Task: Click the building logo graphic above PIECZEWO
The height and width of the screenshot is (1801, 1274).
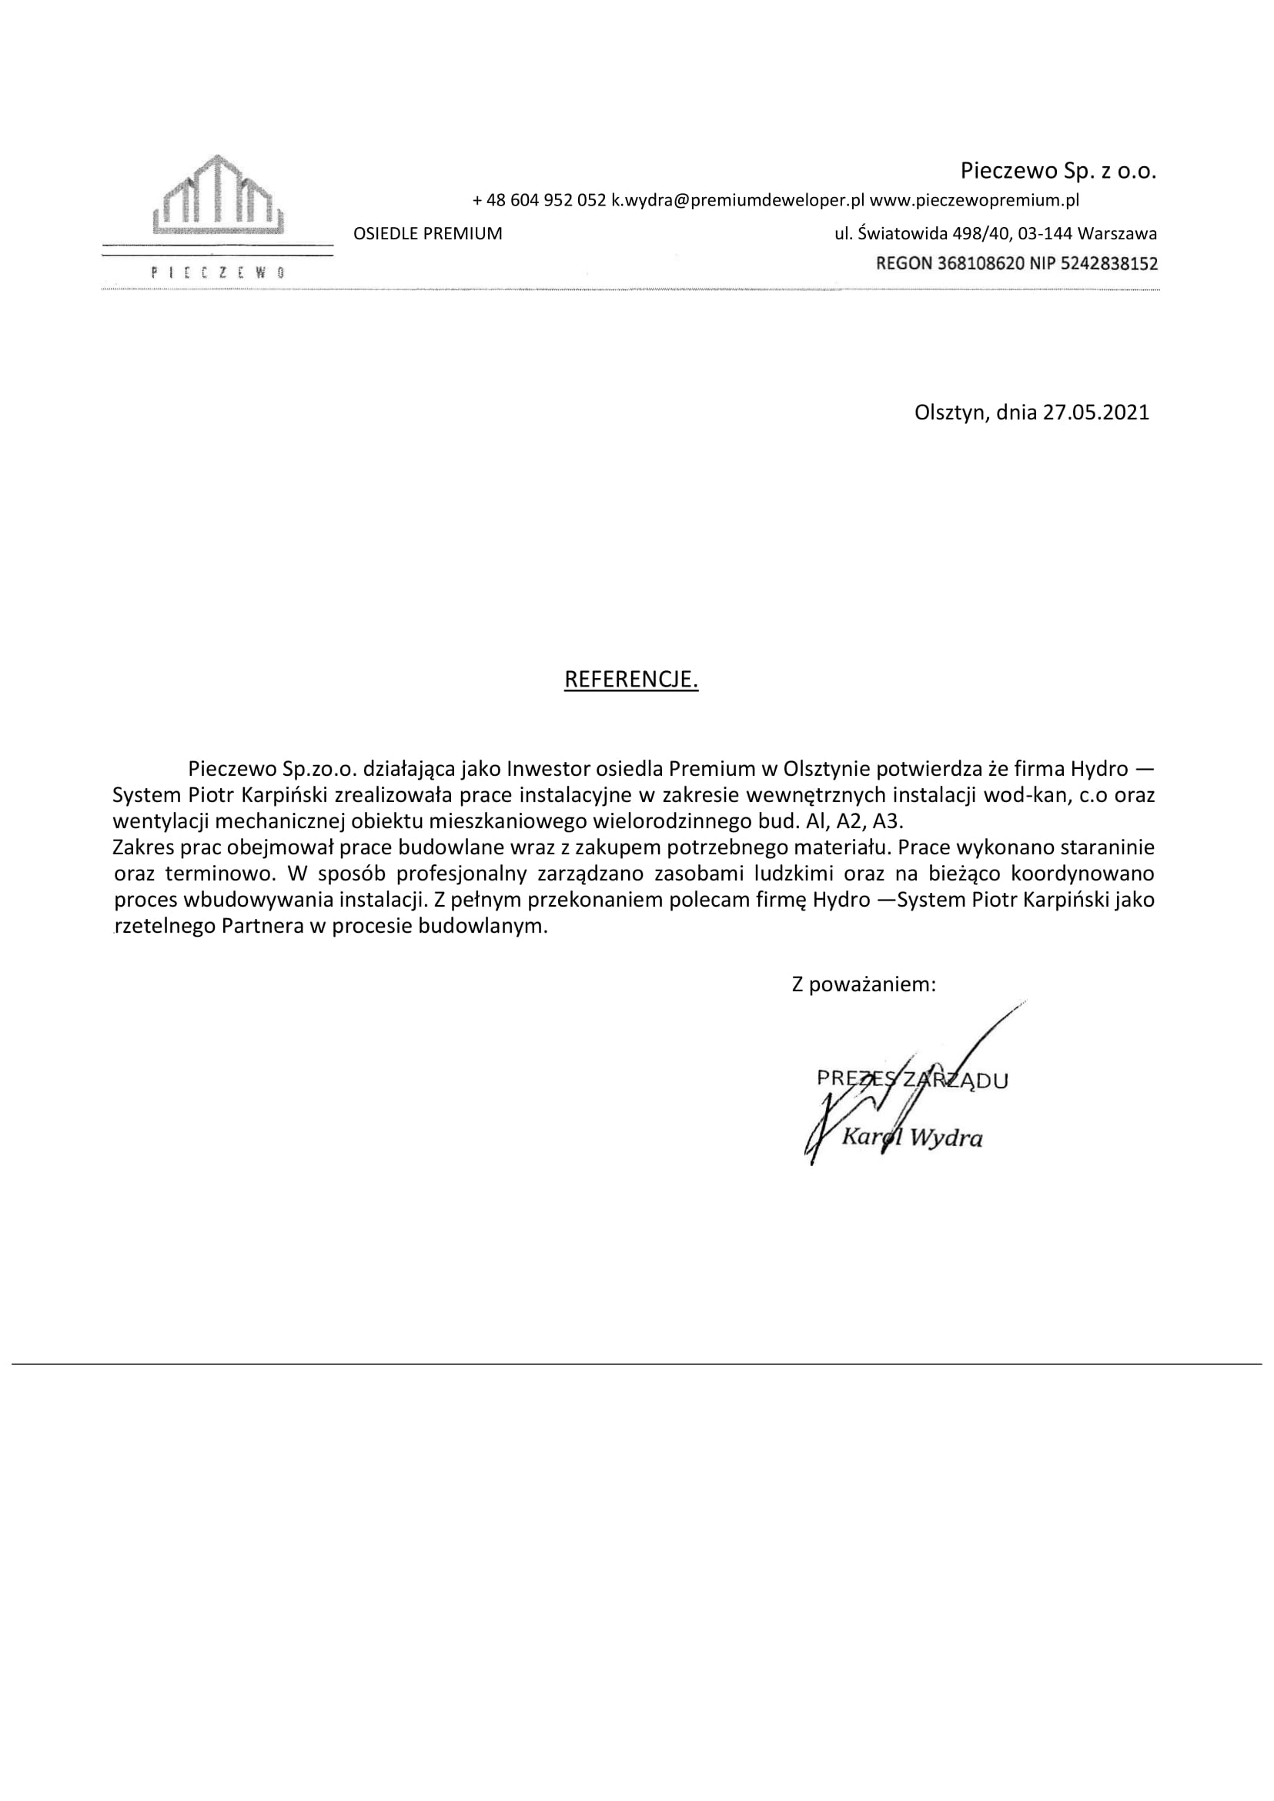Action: [217, 195]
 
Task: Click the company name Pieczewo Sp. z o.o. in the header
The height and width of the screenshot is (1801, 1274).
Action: [1058, 171]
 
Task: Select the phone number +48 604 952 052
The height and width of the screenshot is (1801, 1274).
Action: [539, 201]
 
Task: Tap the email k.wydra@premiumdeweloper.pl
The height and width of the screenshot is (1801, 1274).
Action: [737, 201]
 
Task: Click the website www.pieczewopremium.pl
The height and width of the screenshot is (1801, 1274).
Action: [975, 201]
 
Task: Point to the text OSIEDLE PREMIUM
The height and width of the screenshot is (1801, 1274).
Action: [427, 234]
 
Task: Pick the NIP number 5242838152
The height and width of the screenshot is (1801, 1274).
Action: [1109, 263]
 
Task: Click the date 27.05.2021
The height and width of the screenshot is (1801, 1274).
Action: [1095, 413]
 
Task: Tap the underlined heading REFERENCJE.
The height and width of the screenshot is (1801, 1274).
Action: [630, 680]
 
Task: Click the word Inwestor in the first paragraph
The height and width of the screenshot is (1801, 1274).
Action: [547, 768]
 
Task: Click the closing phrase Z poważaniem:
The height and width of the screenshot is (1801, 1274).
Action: [863, 985]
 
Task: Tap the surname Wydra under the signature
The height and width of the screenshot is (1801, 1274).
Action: [946, 1138]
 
